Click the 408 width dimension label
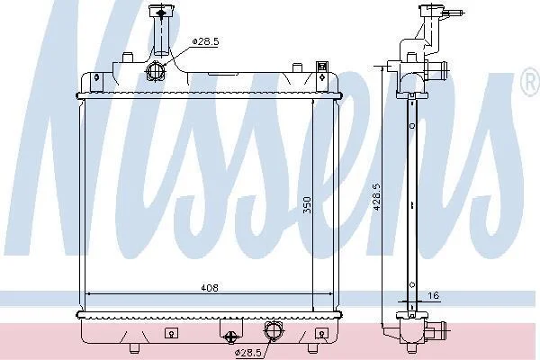click(210, 288)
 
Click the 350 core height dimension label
click(307, 205)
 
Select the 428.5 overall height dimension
click(376, 197)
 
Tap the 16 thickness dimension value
click(433, 295)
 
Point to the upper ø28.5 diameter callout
click(205, 41)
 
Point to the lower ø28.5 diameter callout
click(248, 353)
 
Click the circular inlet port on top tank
click(156, 71)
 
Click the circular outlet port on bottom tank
click(274, 330)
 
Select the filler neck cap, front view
click(161, 13)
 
